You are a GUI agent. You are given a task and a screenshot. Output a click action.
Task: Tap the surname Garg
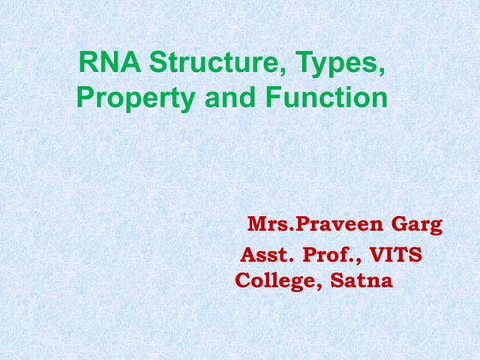[417, 225]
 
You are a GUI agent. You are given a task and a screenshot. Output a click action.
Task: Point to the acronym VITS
[398, 256]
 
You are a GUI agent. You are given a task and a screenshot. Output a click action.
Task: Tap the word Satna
[364, 281]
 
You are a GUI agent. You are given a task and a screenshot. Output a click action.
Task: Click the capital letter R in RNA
[88, 63]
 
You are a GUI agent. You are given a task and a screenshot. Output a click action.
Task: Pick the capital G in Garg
[399, 224]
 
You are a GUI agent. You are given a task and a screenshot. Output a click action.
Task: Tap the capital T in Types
[304, 63]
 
